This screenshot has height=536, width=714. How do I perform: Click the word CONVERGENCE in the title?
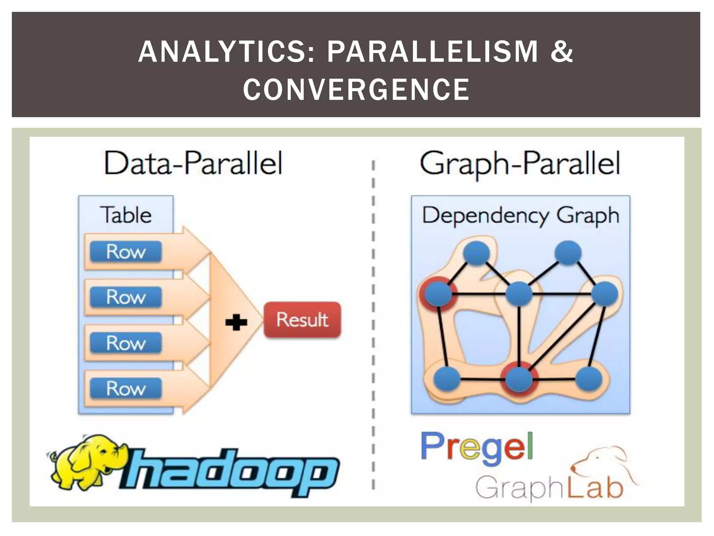[356, 89]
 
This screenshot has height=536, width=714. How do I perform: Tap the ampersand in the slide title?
[562, 52]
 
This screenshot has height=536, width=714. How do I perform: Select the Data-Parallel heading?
[193, 163]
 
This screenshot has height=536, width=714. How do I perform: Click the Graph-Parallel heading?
[520, 163]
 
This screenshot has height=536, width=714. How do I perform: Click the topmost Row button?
[126, 252]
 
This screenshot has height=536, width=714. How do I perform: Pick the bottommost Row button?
[126, 388]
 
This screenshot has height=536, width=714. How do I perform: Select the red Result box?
[302, 320]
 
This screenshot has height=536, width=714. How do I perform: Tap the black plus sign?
[236, 322]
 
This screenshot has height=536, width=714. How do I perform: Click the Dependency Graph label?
[520, 215]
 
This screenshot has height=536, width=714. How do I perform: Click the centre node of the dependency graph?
[519, 294]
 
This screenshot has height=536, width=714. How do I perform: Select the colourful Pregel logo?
[477, 448]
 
